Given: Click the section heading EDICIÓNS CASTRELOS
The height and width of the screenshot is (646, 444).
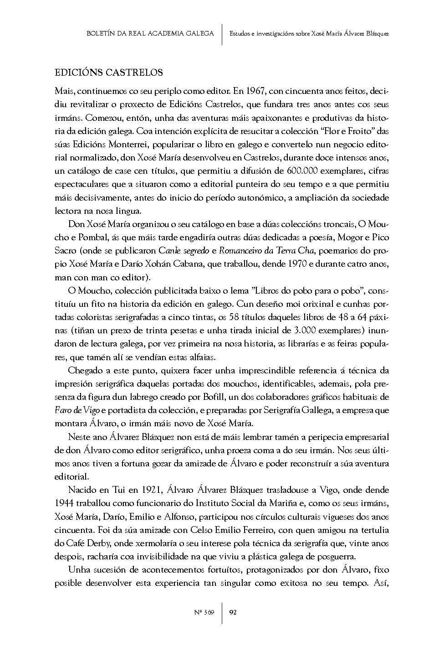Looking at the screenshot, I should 108,72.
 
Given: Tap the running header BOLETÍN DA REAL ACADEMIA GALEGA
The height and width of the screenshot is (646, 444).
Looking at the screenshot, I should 150,34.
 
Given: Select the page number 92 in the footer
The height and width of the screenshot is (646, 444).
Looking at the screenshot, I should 233,612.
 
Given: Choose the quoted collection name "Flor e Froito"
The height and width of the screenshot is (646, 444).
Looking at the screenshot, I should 348,132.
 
